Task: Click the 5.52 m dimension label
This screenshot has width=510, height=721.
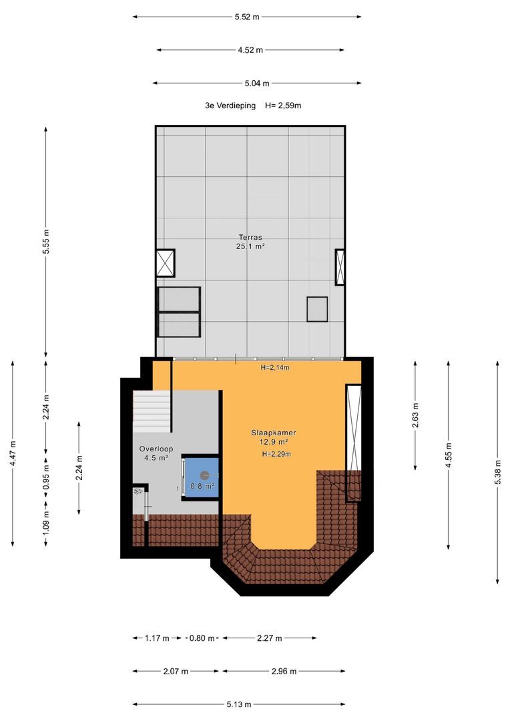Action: pyautogui.click(x=247, y=17)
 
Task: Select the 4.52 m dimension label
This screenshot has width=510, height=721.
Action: pyautogui.click(x=250, y=50)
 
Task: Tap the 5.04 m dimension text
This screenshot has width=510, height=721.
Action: pyautogui.click(x=257, y=83)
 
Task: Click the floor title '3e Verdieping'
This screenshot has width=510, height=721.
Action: pyautogui.click(x=230, y=105)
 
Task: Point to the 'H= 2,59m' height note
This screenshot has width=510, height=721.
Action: pyautogui.click(x=283, y=105)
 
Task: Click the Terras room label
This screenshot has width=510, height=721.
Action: pyautogui.click(x=250, y=237)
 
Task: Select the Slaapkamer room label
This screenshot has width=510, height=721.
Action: pyautogui.click(x=273, y=433)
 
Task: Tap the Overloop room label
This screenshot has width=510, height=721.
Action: pyautogui.click(x=156, y=449)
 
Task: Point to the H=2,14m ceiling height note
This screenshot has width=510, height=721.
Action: pyautogui.click(x=275, y=367)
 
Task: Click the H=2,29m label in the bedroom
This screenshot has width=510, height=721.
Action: pyautogui.click(x=276, y=454)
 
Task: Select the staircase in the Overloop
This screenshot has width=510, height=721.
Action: pyautogui.click(x=152, y=411)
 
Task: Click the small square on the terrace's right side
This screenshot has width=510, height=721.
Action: pyautogui.click(x=317, y=309)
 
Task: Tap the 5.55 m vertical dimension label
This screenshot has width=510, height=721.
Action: pyautogui.click(x=45, y=242)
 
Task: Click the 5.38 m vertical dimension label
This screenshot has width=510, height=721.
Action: pyautogui.click(x=497, y=472)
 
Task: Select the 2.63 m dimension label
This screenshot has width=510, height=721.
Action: pyautogui.click(x=415, y=415)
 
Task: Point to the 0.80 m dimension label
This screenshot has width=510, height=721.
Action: pyautogui.click(x=202, y=638)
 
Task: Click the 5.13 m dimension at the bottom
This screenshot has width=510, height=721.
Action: pyautogui.click(x=239, y=704)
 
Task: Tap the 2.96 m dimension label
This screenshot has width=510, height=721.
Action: pyautogui.click(x=284, y=672)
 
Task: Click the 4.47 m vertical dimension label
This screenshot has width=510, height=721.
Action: pyautogui.click(x=13, y=453)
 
